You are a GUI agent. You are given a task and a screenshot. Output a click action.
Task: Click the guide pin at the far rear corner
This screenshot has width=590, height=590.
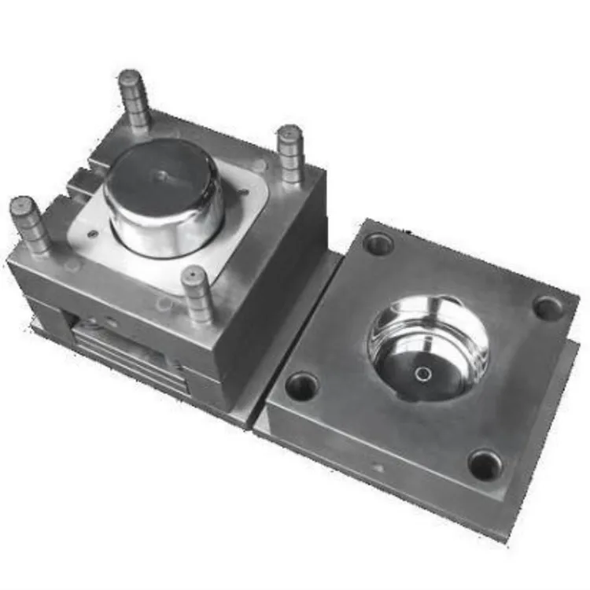point(134,98)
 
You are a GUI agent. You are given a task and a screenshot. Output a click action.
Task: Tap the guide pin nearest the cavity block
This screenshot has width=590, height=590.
point(290,153)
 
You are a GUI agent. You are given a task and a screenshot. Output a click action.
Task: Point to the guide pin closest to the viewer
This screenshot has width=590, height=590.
point(197,295)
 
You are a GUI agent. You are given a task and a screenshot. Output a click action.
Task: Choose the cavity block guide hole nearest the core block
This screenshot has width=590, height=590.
point(302,386)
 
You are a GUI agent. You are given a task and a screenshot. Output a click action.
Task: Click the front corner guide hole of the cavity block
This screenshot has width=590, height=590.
point(485,464)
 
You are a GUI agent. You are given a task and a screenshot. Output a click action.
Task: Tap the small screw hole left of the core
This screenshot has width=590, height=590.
point(93,234)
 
